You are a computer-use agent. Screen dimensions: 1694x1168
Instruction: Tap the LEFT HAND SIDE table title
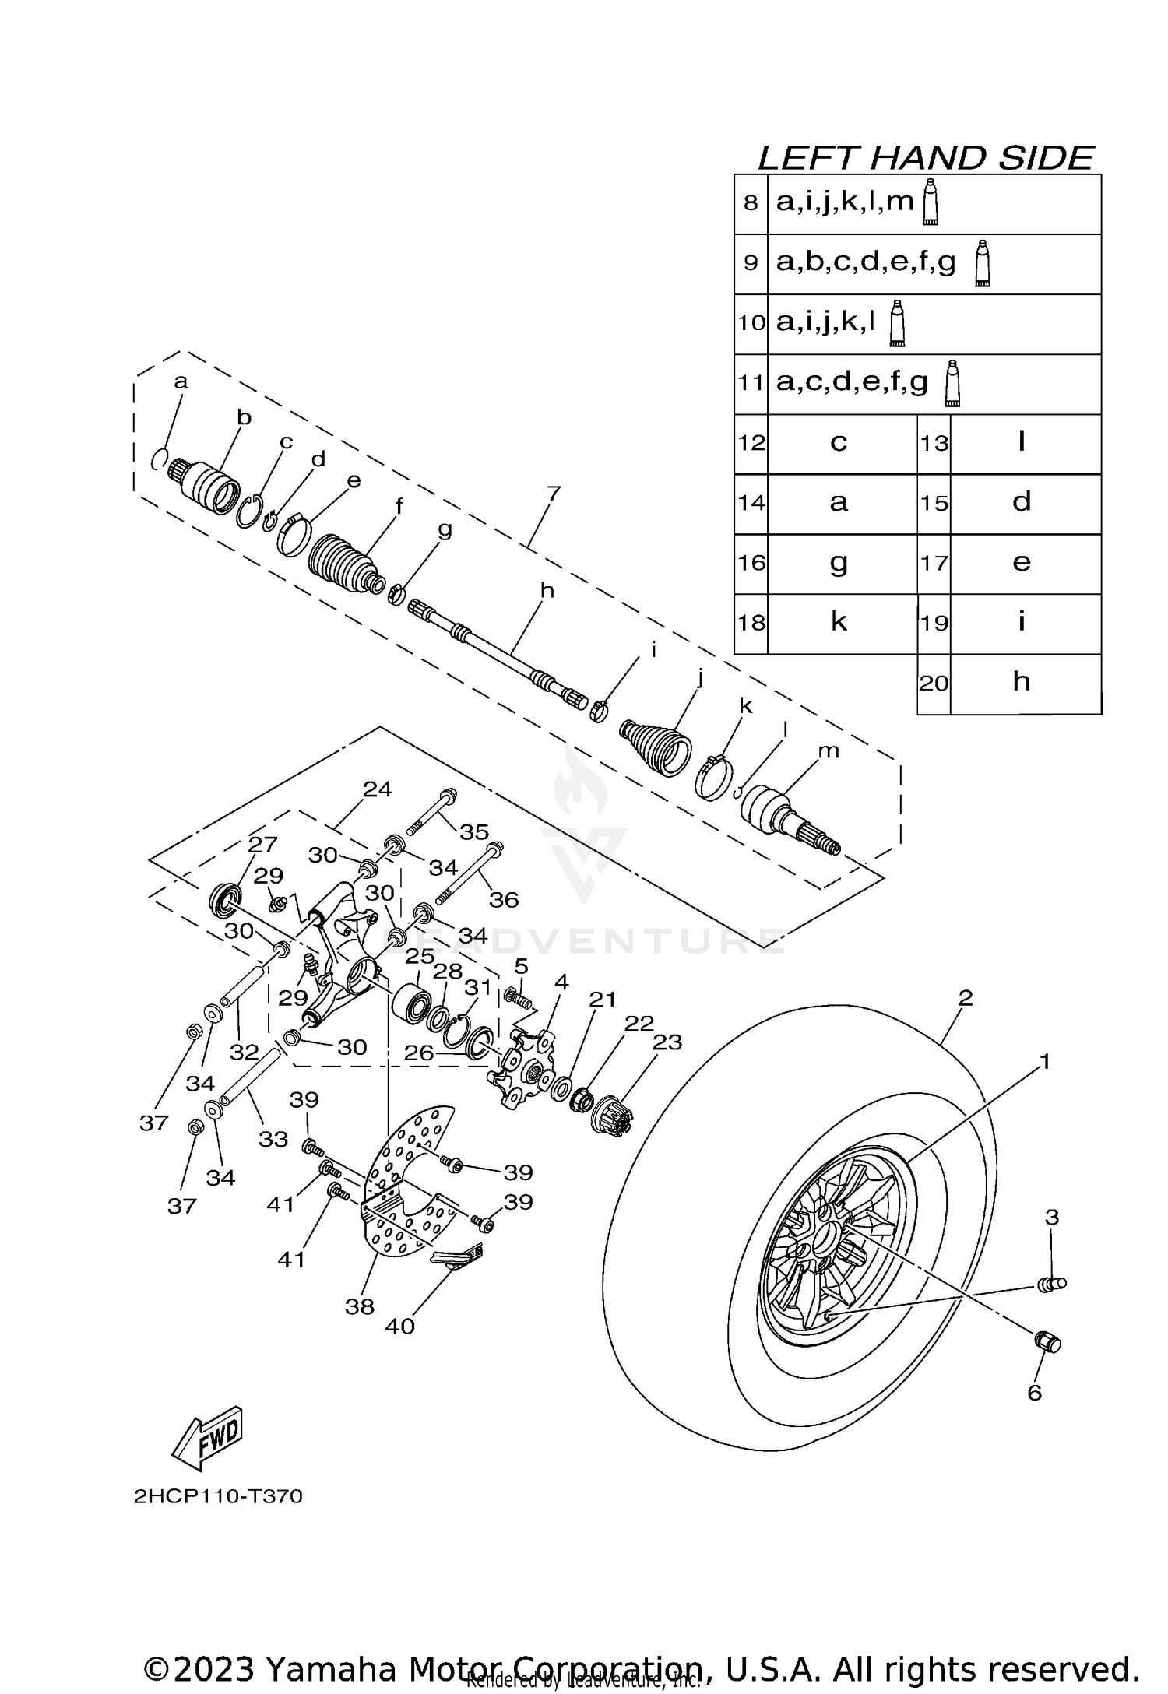coord(925,158)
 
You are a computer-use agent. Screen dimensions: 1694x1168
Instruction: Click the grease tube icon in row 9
coord(983,264)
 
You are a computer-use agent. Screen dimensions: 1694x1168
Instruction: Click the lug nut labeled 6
coord(1047,1342)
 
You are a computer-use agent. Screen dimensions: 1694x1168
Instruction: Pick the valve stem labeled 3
coord(1053,1284)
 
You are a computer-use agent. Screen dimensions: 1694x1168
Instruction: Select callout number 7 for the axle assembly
coord(554,494)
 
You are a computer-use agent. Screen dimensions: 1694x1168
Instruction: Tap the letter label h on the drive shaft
coord(547,590)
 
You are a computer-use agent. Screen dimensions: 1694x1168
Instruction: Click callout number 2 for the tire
coord(966,998)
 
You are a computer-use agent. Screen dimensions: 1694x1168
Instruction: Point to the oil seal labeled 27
coord(225,900)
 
